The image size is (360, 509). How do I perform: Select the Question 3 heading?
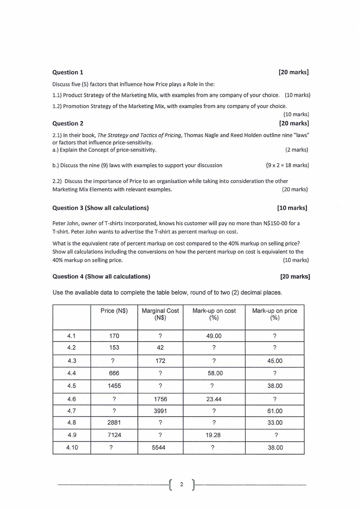101,208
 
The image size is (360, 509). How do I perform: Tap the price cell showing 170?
114,336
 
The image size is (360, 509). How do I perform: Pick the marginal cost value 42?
160,347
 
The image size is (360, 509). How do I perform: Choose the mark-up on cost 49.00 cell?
214,336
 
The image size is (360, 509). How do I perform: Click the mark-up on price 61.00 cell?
274,411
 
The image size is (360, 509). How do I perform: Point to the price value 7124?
114,435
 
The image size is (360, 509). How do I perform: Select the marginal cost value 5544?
160,447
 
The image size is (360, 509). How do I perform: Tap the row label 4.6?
71,399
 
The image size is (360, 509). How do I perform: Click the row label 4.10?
71,447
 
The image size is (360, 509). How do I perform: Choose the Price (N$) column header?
114,311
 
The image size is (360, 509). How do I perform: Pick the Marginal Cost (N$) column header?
160,314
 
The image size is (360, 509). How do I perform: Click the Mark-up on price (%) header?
274,314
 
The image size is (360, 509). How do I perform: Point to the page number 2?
181,485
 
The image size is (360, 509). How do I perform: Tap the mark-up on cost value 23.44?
214,399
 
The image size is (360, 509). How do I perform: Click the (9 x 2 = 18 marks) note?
287,165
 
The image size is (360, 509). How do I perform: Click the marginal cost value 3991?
160,411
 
